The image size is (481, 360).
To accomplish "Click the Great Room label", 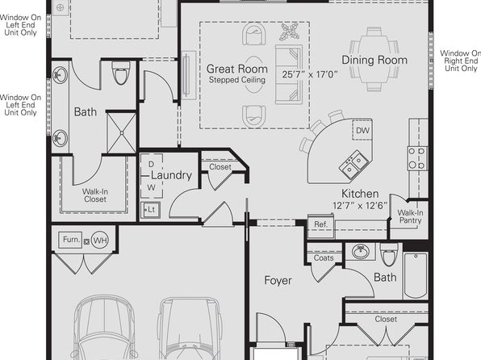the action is point(236,69).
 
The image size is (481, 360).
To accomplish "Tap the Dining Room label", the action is point(374,61).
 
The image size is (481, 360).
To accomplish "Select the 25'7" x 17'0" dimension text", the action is point(310,74).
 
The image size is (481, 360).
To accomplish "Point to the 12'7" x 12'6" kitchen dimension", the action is point(360,206).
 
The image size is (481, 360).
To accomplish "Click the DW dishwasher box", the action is point(362,130).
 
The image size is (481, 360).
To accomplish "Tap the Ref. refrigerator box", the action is point(320,225).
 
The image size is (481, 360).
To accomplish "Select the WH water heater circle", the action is point(100,240).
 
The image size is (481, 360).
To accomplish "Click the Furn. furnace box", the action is point(70,240).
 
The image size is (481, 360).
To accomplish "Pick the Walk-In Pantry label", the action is point(410,216).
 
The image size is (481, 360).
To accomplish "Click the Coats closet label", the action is point(324,257).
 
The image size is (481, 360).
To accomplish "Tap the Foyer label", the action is point(278,281).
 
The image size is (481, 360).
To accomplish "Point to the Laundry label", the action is point(171,175).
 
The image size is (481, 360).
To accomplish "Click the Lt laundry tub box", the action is point(150,210).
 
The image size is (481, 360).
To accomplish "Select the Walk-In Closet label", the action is point(95,195).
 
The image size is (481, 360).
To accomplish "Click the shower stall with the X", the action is point(122,133).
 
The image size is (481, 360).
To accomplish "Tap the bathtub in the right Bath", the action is point(416,275).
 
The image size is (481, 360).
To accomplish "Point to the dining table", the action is point(374,59).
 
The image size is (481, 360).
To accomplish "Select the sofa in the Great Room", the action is point(289,74).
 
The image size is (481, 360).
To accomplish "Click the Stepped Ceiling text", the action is point(236,80).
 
